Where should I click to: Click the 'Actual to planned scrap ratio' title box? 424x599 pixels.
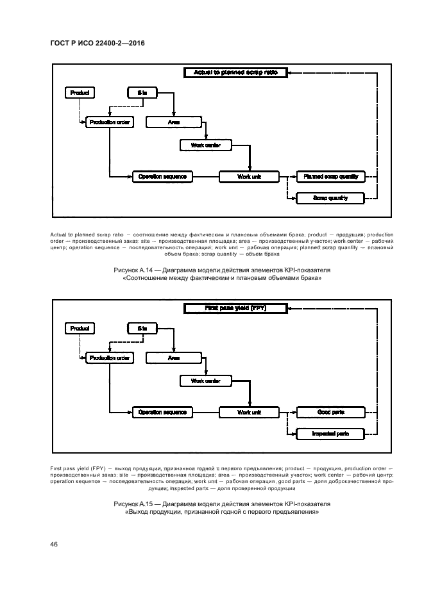[x=235, y=73]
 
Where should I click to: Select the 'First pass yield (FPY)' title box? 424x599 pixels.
[x=235, y=309]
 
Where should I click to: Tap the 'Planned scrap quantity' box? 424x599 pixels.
[x=330, y=176]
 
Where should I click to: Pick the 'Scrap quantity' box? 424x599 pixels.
[x=330, y=198]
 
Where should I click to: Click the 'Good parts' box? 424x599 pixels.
[x=330, y=412]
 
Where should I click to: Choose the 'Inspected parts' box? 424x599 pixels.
[x=330, y=434]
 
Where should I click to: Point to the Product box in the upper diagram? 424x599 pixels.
[x=80, y=93]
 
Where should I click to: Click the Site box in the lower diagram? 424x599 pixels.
[x=142, y=329]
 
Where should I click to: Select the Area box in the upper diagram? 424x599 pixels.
[x=174, y=122]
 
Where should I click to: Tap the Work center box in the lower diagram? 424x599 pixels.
[x=205, y=381]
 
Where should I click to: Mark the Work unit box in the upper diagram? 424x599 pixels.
[x=249, y=176]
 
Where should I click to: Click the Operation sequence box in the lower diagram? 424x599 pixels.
[x=162, y=412]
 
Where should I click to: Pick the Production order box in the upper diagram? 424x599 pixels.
[x=110, y=122]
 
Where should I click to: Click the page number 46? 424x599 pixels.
[x=55, y=544]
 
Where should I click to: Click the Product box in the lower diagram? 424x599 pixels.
[x=80, y=329]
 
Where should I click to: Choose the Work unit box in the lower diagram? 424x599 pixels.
[x=249, y=412]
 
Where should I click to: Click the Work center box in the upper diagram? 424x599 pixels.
[x=205, y=145]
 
